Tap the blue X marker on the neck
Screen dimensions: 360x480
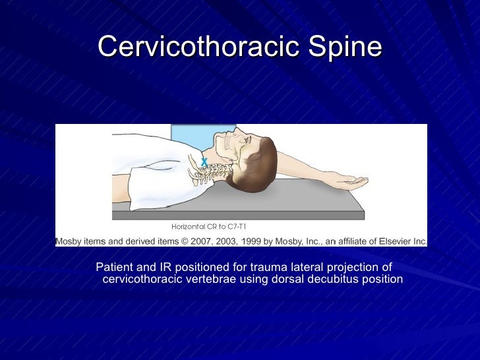point(204,161)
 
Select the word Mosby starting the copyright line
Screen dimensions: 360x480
point(69,241)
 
